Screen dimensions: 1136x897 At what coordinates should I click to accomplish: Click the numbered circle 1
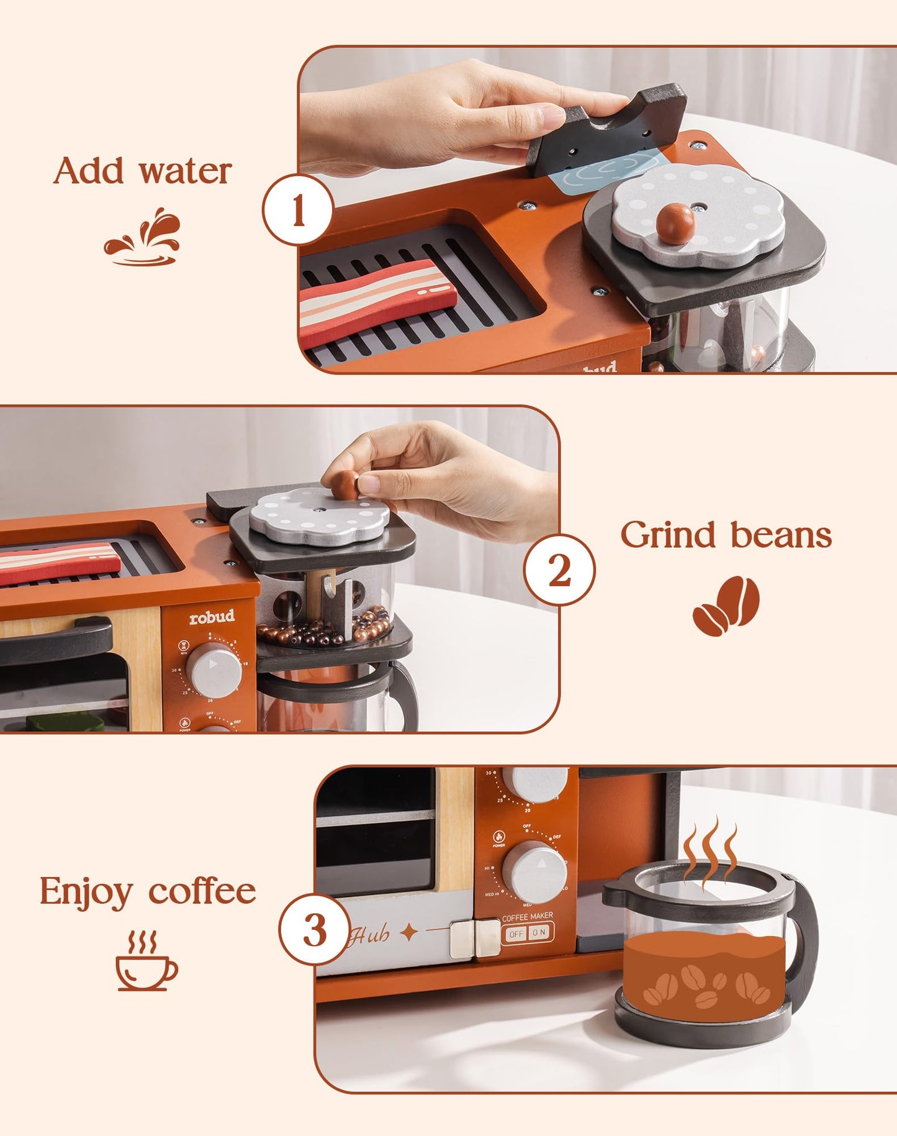tap(299, 210)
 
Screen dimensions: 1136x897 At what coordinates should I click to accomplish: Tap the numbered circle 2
tap(559, 570)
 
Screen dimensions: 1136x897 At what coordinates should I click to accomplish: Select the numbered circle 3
tap(315, 929)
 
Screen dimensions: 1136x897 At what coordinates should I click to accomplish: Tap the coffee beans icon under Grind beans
tap(726, 606)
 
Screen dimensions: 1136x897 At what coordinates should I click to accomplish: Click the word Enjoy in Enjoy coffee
tap(86, 892)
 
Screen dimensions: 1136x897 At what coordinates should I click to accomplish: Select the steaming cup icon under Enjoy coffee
tap(146, 960)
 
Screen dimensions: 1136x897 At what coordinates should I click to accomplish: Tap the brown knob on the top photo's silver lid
tap(675, 223)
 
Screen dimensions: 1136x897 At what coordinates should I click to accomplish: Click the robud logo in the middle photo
tap(212, 617)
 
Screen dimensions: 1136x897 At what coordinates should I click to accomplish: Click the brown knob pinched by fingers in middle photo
tap(345, 484)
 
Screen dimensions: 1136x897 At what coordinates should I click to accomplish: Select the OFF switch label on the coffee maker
tap(516, 934)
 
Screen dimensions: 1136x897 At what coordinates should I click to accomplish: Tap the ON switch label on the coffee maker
tap(539, 933)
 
